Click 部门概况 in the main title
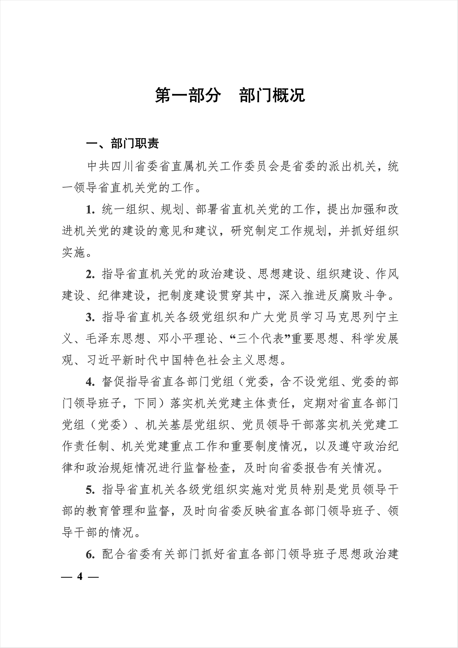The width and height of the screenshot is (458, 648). [272, 95]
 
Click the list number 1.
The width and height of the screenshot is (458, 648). [90, 210]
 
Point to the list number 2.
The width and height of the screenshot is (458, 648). [90, 275]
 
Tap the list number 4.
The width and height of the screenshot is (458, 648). [90, 382]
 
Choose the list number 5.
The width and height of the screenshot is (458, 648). [90, 490]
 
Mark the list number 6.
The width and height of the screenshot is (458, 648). [90, 555]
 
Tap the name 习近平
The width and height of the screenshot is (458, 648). [104, 360]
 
